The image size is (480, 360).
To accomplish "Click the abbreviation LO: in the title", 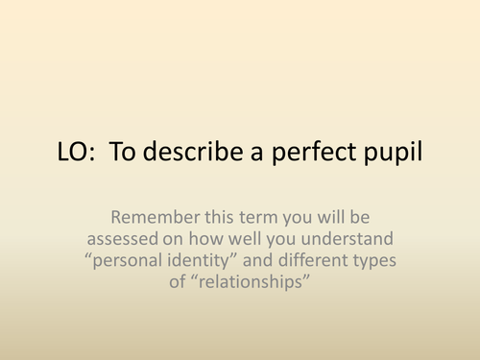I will click(x=75, y=155).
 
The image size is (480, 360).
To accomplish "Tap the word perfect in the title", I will click(x=310, y=155).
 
